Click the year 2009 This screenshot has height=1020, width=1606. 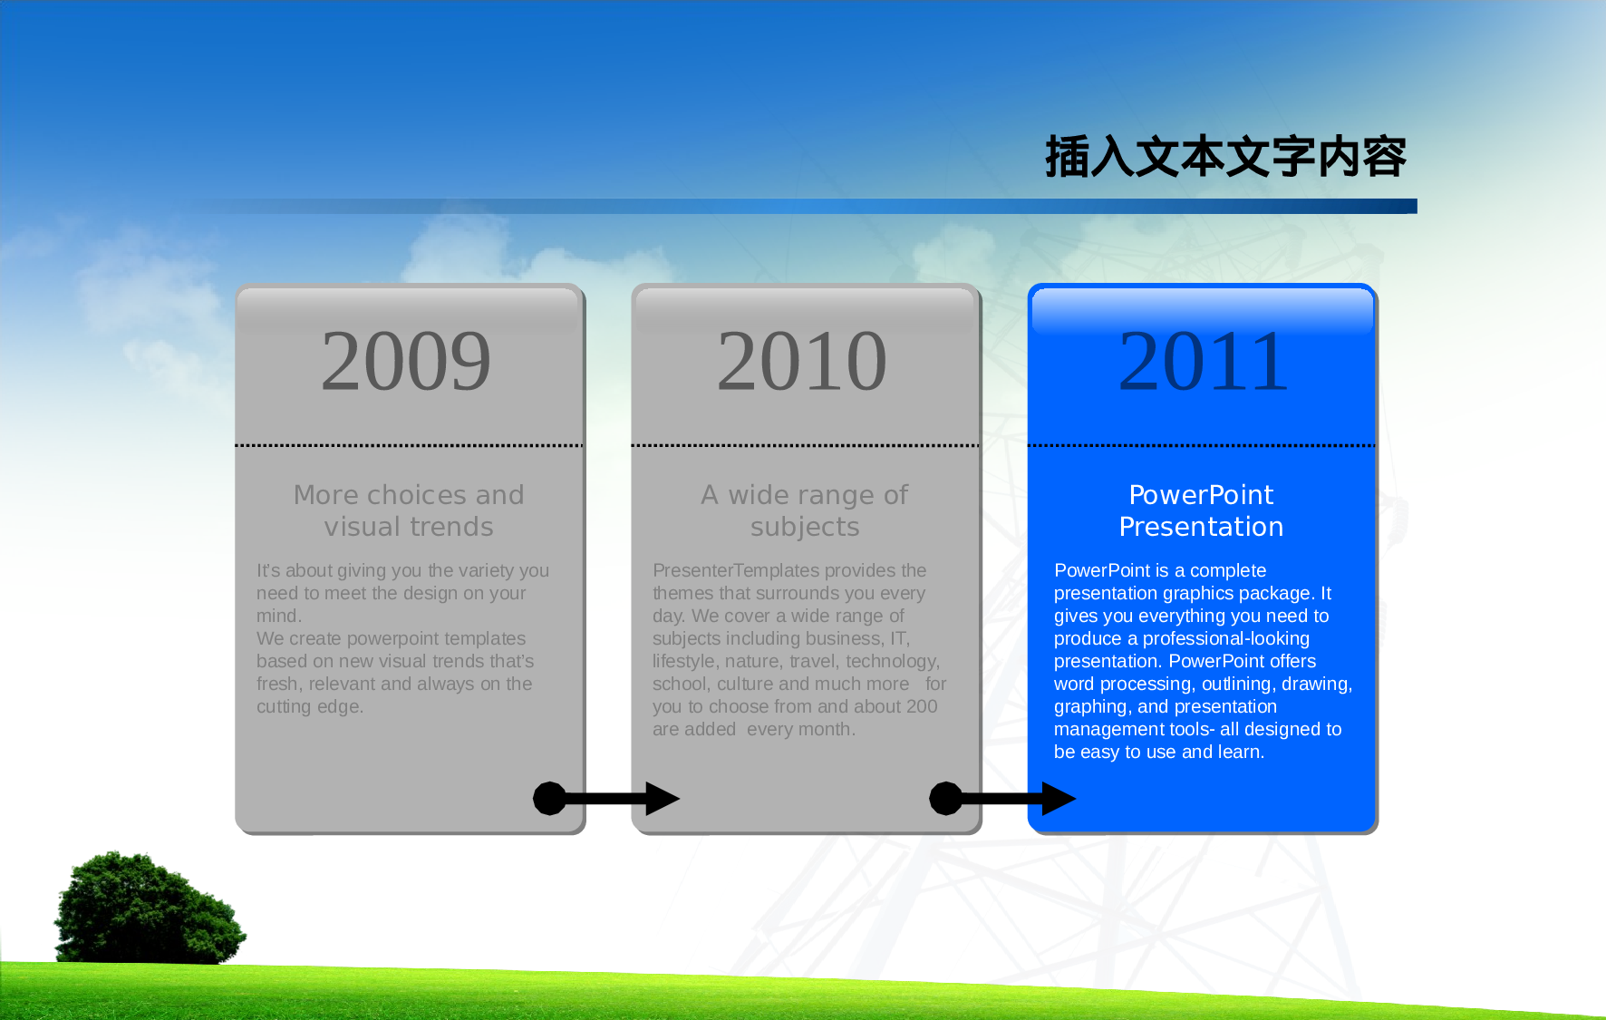[x=406, y=362]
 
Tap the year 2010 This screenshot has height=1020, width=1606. [x=802, y=362]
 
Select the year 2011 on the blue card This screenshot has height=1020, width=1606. [x=1203, y=362]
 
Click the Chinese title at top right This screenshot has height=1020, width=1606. [x=1225, y=157]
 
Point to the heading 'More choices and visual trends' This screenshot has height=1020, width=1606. [x=409, y=510]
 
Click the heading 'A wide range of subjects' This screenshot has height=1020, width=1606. [x=804, y=510]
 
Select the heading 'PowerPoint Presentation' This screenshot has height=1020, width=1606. [x=1201, y=510]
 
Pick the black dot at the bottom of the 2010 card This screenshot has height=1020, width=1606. [x=946, y=799]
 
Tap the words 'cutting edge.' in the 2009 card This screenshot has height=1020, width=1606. [x=310, y=706]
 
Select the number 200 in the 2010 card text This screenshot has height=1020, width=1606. [x=922, y=706]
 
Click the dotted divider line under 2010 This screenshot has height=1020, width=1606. [x=805, y=445]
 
